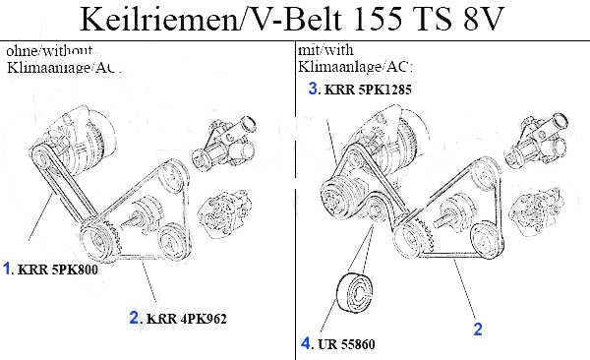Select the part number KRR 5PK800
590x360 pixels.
(58, 270)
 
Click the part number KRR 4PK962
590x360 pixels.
(187, 319)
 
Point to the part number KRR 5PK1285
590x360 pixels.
(368, 90)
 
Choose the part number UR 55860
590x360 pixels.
(346, 344)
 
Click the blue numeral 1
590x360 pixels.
(7, 269)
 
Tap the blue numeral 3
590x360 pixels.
(313, 89)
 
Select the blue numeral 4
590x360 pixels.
(306, 343)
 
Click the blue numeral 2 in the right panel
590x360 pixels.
(478, 330)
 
